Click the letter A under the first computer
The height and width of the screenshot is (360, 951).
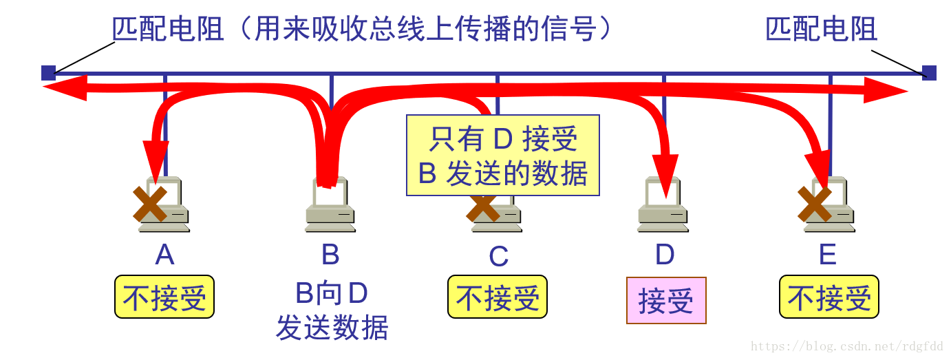[164, 255]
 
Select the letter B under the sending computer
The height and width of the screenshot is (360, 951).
[330, 255]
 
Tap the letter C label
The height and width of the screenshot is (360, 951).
[498, 257]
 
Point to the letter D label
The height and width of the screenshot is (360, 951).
[665, 255]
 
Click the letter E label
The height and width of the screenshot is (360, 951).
[828, 255]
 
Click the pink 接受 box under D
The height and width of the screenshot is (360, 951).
[666, 301]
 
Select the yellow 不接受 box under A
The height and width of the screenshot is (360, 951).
[164, 297]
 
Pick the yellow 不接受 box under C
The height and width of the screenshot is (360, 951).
[498, 297]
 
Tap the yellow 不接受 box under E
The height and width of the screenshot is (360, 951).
[829, 297]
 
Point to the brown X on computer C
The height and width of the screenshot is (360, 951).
[483, 205]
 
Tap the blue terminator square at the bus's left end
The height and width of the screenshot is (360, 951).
[47, 73]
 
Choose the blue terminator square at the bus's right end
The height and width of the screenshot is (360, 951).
[929, 73]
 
